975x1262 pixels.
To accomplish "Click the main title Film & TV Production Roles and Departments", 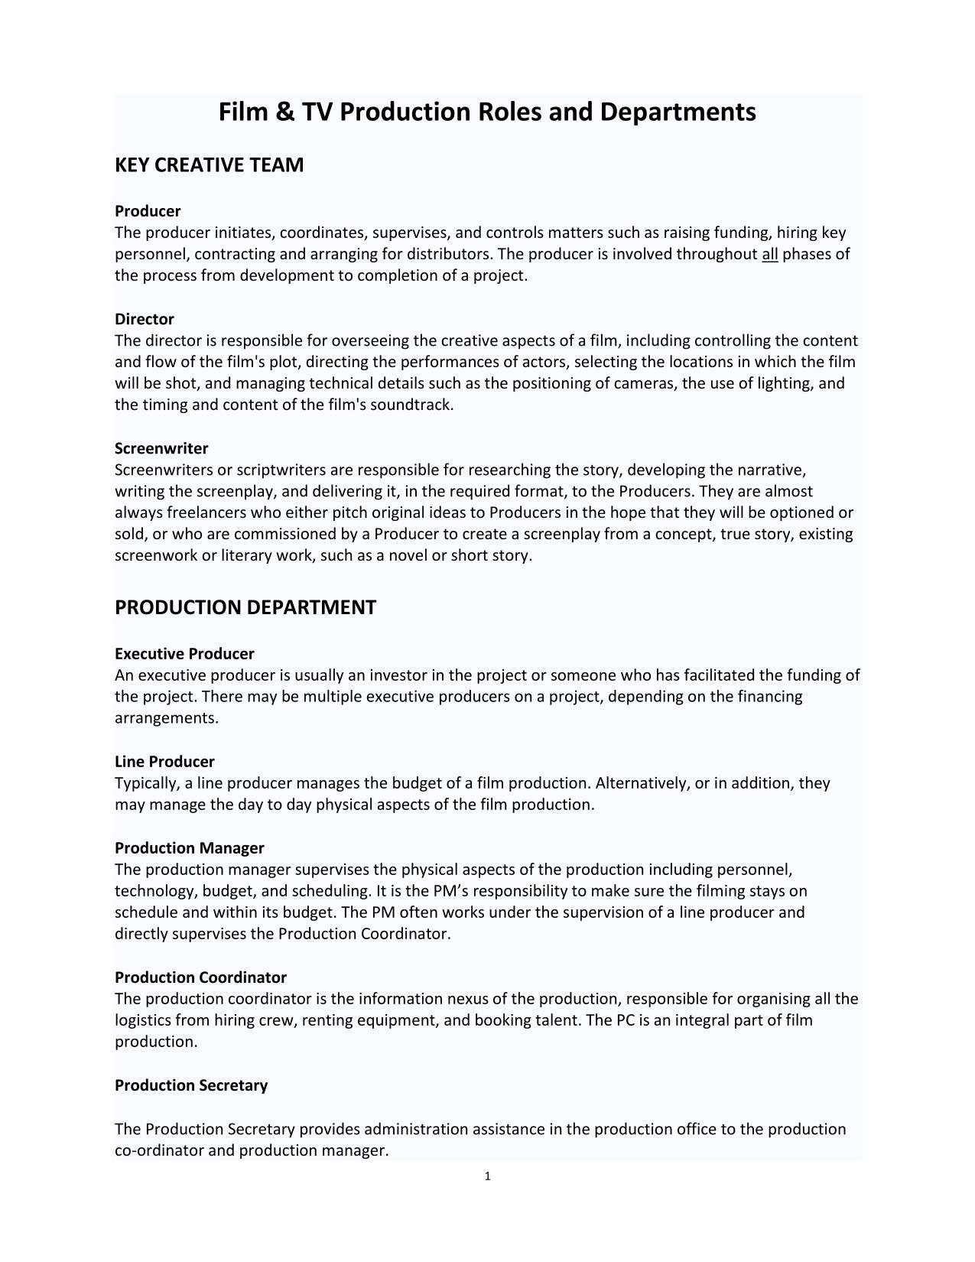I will pyautogui.click(x=487, y=112).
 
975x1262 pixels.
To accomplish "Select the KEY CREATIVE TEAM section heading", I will pyautogui.click(x=209, y=165).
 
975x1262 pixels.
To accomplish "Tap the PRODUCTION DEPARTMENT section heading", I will pyautogui.click(x=245, y=607).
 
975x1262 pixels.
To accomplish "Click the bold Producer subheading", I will pyautogui.click(x=148, y=211).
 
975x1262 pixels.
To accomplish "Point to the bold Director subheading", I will pyautogui.click(x=145, y=319).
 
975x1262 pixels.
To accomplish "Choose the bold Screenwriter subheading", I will pyautogui.click(x=161, y=448).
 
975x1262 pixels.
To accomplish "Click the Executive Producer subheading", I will pyautogui.click(x=184, y=654).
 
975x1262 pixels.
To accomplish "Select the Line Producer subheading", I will pyautogui.click(x=164, y=762).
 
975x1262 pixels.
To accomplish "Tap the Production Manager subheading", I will pyautogui.click(x=189, y=848).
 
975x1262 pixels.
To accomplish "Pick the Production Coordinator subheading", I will pyautogui.click(x=200, y=977).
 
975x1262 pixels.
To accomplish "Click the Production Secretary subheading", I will pyautogui.click(x=191, y=1085).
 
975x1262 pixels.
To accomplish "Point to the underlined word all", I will pyautogui.click(x=769, y=254).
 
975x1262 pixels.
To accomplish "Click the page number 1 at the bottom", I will pyautogui.click(x=487, y=1176).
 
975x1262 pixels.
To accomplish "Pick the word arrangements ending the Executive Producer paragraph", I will pyautogui.click(x=166, y=718).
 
